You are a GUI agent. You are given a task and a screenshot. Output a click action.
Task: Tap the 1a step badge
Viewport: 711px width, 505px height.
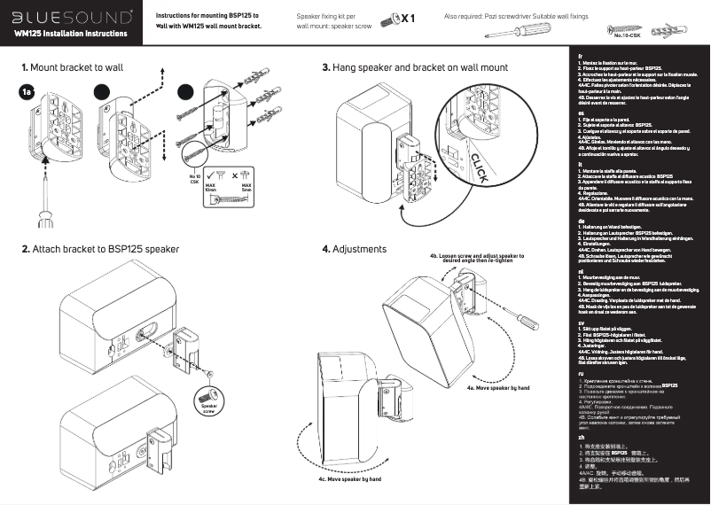[x=29, y=91]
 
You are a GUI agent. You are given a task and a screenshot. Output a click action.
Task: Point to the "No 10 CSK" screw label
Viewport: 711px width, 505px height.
[x=194, y=178]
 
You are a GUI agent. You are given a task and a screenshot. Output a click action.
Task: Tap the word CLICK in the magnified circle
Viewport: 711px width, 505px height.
[x=474, y=167]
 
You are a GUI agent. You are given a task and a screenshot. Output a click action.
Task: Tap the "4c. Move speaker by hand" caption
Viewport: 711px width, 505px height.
[x=350, y=478]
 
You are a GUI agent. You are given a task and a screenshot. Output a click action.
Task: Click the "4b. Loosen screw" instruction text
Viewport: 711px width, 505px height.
[x=476, y=258]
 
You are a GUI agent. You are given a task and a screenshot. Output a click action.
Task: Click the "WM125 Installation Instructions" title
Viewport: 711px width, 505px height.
[x=71, y=34]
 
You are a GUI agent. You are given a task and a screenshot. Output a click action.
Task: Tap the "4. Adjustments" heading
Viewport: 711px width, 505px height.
[x=355, y=249]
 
